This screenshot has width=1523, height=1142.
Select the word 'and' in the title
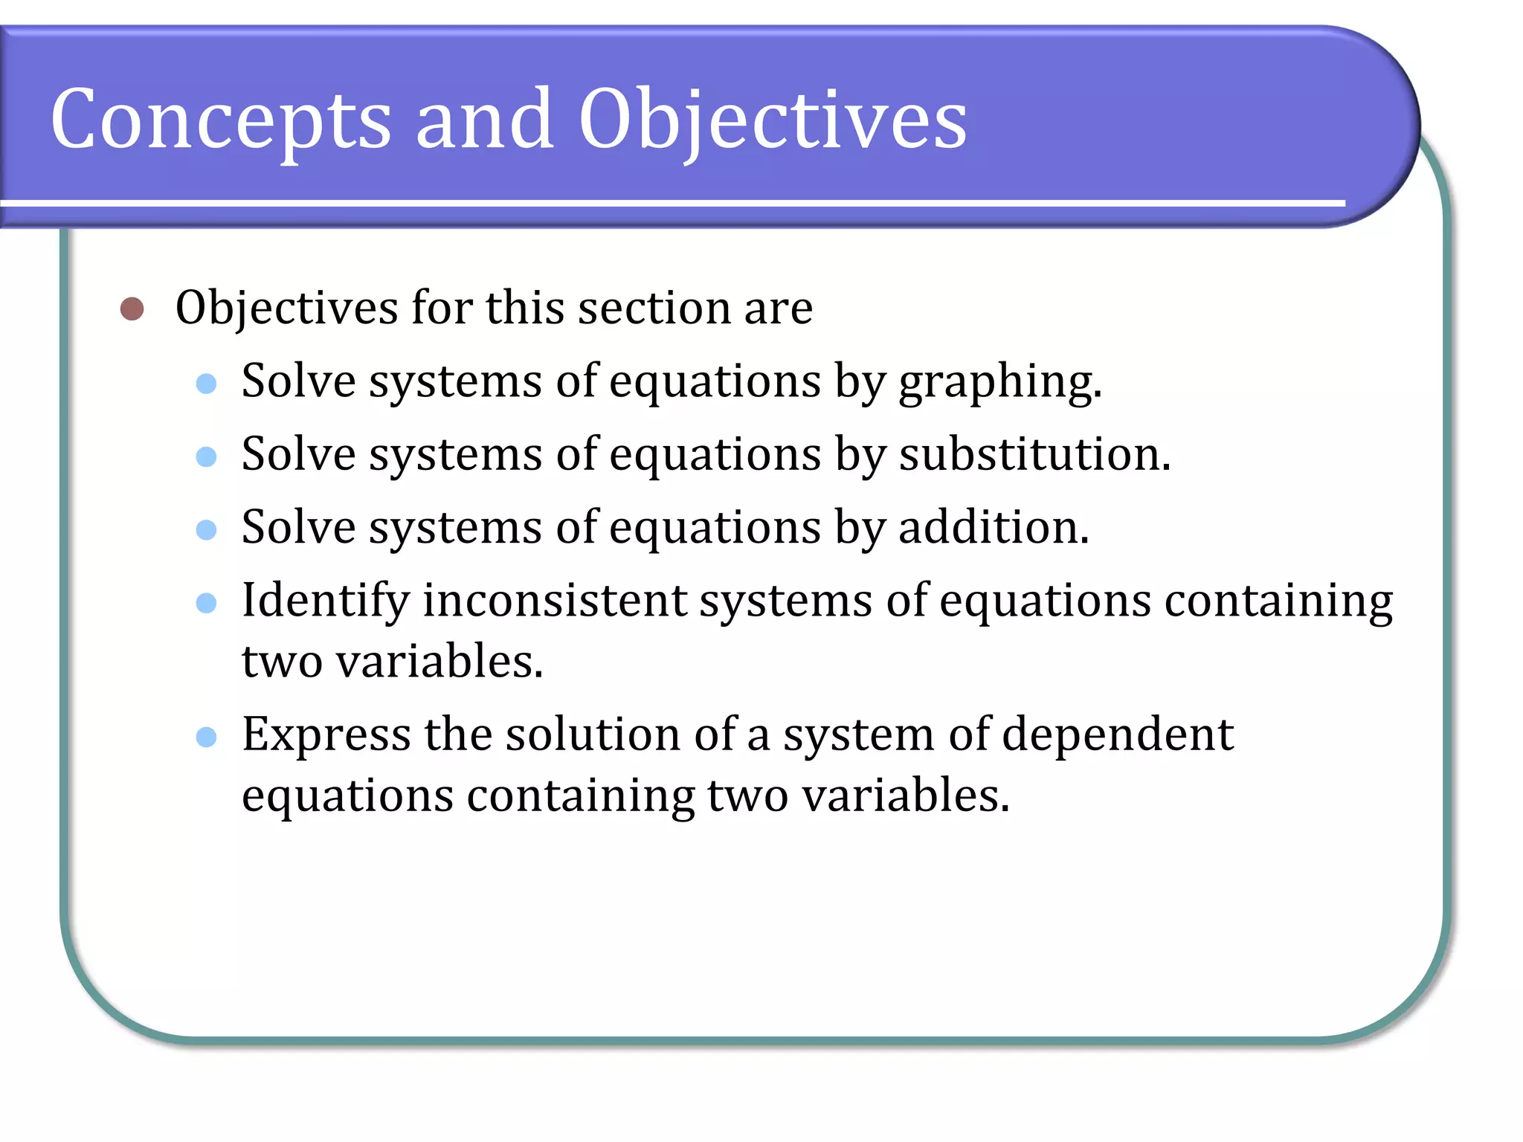(x=484, y=119)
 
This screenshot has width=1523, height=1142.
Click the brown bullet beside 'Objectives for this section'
(x=132, y=309)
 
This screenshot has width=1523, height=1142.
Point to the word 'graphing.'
(x=999, y=383)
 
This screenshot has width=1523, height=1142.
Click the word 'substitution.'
(x=1034, y=454)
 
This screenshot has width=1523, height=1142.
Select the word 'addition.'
(x=994, y=527)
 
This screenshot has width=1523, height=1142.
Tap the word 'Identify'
(x=326, y=601)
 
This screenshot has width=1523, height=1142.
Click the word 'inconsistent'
(x=555, y=601)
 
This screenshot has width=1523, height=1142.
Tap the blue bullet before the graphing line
(x=206, y=384)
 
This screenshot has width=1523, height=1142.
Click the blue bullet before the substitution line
(x=206, y=457)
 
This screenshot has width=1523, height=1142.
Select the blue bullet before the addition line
(x=206, y=529)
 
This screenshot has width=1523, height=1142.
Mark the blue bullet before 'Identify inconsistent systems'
(x=206, y=602)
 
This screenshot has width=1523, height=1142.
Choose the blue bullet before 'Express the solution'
(x=206, y=737)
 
